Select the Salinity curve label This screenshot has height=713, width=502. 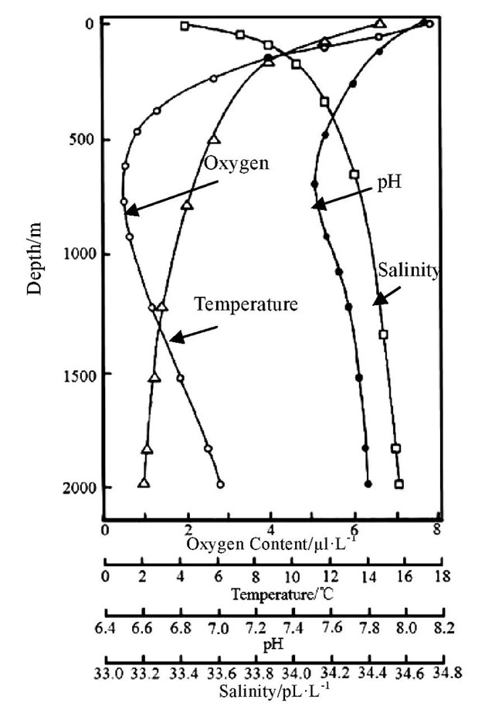coord(409,270)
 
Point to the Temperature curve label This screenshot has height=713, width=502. coord(246,304)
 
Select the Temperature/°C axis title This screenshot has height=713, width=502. coord(275,594)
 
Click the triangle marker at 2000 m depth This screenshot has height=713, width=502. coord(144,483)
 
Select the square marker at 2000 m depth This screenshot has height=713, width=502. coord(399,484)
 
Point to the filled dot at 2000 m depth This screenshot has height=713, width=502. coord(368,484)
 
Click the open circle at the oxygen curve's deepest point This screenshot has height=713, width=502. coord(221,484)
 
